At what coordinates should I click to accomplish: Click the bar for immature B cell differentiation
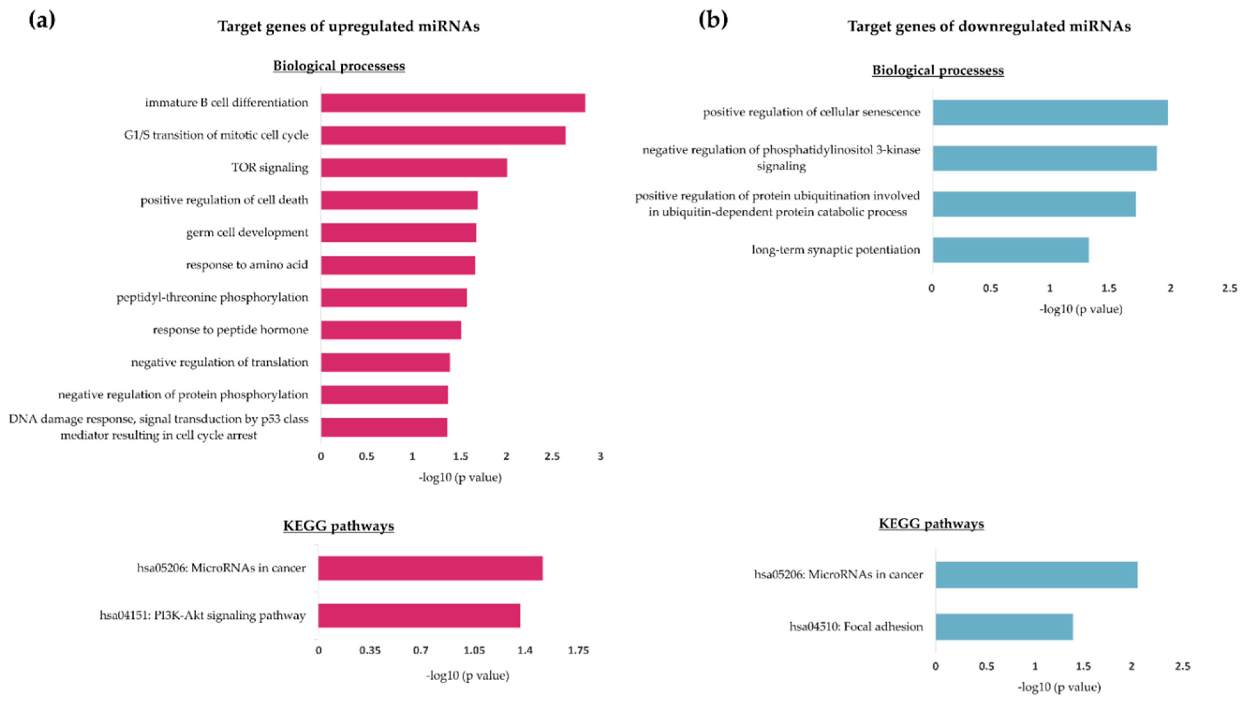pyautogui.click(x=453, y=103)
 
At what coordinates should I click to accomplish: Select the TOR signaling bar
pyautogui.click(x=414, y=167)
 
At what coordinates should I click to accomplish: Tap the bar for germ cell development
pyautogui.click(x=398, y=233)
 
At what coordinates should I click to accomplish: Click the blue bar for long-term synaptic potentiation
pyautogui.click(x=1010, y=250)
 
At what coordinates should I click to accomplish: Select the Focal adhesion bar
pyautogui.click(x=1004, y=627)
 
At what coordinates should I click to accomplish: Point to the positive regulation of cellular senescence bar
pyautogui.click(x=1050, y=113)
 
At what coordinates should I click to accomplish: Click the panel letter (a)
pyautogui.click(x=42, y=20)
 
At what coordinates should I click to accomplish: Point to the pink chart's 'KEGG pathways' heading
pyautogui.click(x=339, y=526)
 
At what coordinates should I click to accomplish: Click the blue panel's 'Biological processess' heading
pyautogui.click(x=938, y=70)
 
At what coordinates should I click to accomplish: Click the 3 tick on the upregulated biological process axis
pyautogui.click(x=600, y=456)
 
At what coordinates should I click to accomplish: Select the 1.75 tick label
pyautogui.click(x=578, y=650)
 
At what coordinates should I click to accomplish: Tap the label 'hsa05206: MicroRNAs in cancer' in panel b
pyautogui.click(x=838, y=574)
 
